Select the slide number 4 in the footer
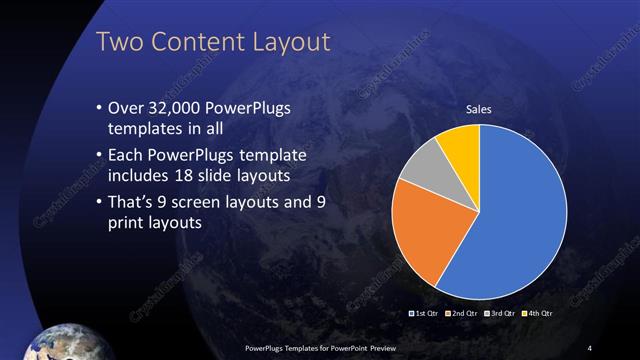[x=589, y=347]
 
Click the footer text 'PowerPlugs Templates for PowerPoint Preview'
[x=321, y=347]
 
